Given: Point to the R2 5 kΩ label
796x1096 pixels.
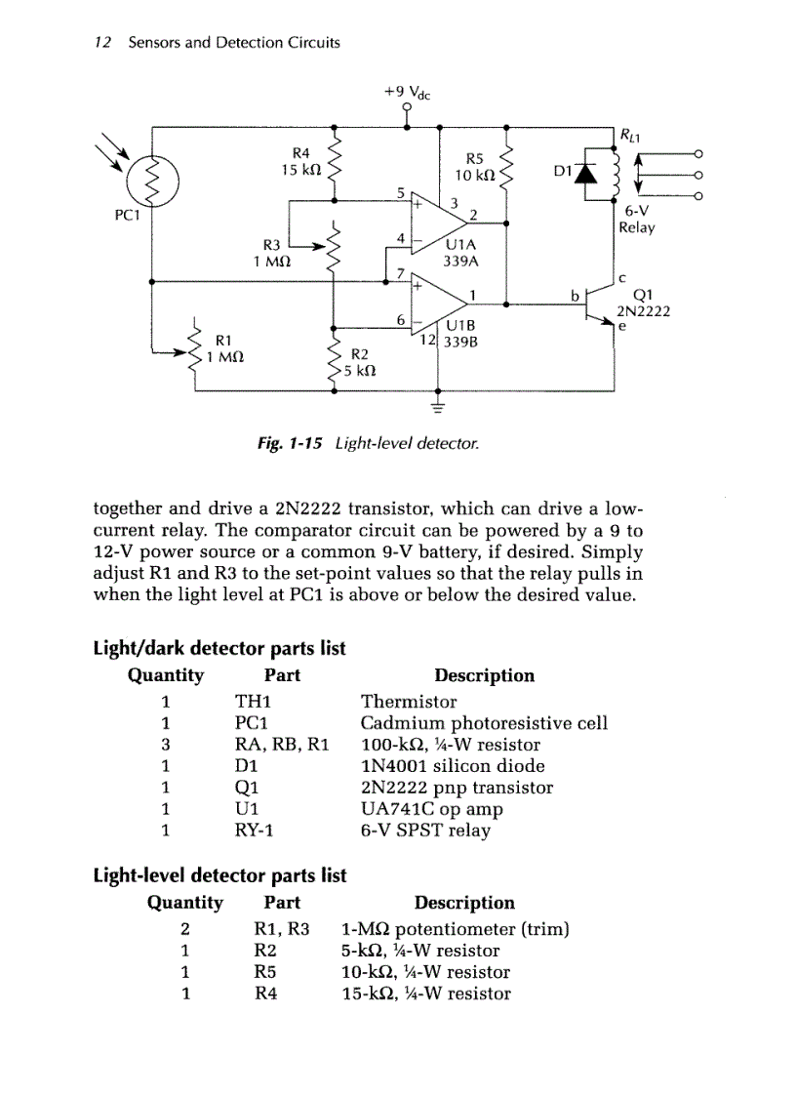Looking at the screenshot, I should coord(358,362).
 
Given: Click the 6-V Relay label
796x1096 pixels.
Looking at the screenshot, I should coord(636,220).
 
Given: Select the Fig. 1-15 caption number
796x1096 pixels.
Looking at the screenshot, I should coord(290,444).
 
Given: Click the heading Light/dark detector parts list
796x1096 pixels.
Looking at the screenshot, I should coord(219,649).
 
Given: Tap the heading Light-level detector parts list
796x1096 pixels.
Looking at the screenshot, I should coord(219,875).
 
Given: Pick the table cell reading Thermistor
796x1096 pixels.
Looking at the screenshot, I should coord(409,702).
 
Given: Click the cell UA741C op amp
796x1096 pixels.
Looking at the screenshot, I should coord(431,809).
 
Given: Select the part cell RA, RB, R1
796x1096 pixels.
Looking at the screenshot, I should coord(282,745).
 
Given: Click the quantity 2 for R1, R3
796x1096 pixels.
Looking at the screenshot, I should coord(184,929).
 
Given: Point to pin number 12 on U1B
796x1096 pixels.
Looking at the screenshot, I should coord(427,341).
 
